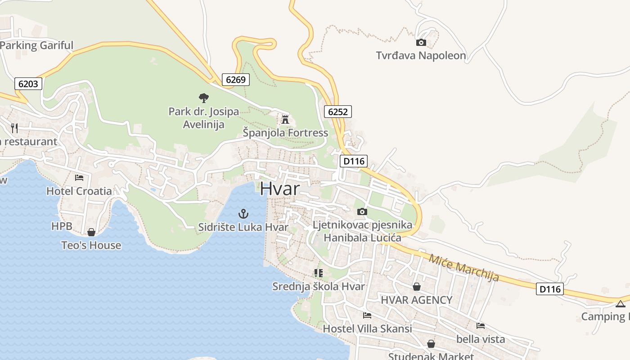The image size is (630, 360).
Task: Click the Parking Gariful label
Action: coord(37,45)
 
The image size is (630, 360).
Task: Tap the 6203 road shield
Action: coord(28,84)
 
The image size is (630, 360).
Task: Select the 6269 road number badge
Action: coord(235,80)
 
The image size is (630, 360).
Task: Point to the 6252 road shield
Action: coord(337,112)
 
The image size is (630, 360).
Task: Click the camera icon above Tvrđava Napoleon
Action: coord(421,43)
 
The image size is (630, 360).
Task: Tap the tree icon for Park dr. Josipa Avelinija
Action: coord(204,98)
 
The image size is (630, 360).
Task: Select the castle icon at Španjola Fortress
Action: coord(285,120)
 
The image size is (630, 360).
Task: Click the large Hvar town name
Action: coord(279,189)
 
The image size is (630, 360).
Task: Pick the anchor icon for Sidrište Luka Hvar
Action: coord(243,214)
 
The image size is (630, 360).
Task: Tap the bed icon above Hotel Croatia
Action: coord(79,178)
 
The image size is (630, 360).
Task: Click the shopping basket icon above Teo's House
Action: coord(91,232)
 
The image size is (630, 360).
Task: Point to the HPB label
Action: coord(62,226)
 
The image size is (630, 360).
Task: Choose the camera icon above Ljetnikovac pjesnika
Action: coord(362,211)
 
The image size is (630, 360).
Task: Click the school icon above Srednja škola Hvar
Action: coord(319,273)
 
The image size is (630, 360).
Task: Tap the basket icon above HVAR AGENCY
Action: coord(417,287)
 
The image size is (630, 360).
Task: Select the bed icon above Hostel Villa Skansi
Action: coord(367,315)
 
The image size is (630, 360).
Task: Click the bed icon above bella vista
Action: coord(481,326)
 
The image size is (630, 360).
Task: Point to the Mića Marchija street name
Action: coord(464,268)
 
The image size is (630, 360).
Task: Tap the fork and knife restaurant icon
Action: coord(14,128)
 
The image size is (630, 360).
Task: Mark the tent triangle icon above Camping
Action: coord(621,304)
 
